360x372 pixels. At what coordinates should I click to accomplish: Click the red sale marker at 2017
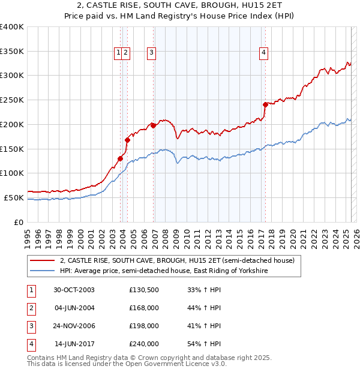[x=265, y=104]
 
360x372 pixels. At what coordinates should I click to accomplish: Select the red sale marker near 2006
[x=153, y=125]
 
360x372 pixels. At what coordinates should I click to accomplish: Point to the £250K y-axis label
[x=12, y=100]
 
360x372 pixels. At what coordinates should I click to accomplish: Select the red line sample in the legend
[x=42, y=261]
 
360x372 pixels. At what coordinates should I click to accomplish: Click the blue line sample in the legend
[x=42, y=271]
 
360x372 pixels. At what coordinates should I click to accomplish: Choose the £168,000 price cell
[x=144, y=308]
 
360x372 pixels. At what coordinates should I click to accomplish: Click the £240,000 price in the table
[x=144, y=344]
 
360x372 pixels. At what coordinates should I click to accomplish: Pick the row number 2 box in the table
[x=29, y=308]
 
